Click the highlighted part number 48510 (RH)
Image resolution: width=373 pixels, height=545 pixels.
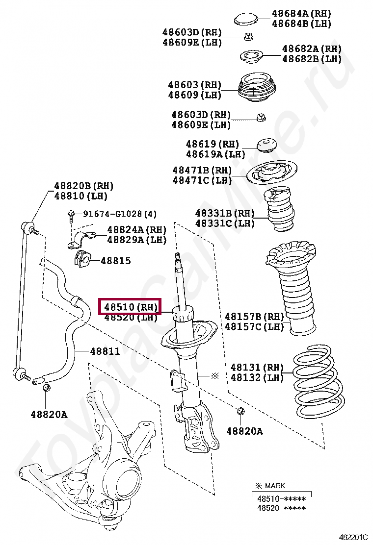click(130, 307)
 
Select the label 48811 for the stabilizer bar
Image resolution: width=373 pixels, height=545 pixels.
click(105, 351)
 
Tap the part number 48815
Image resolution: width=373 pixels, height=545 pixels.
click(116, 261)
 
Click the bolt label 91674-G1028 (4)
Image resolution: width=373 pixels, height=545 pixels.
click(119, 214)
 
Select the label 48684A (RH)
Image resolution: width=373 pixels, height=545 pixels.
click(301, 13)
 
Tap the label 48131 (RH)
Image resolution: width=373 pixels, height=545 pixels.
click(257, 367)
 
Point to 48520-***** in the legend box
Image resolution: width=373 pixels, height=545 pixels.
click(281, 508)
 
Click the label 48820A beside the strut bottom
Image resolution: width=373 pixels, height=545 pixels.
click(244, 431)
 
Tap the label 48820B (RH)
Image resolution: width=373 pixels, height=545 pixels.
click(83, 186)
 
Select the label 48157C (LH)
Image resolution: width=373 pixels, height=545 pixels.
click(254, 326)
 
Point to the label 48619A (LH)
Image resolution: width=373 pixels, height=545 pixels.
click(215, 154)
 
